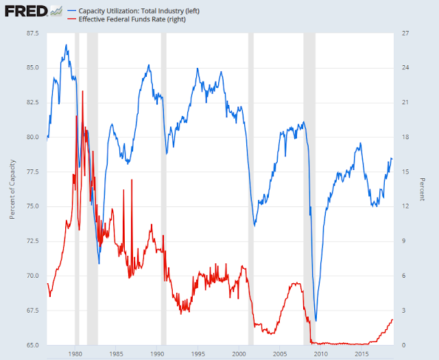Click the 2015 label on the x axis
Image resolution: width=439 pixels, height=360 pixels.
point(361,354)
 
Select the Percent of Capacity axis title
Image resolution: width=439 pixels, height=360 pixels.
point(12,189)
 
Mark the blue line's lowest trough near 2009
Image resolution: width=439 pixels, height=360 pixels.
point(316,320)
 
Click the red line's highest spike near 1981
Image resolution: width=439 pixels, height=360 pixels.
point(82,91)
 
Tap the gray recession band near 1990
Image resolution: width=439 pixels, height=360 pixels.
point(163,189)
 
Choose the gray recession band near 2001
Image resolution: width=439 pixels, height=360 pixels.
point(251,189)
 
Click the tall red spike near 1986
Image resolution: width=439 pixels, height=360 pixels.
point(123,189)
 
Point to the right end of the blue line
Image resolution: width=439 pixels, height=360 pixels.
point(392,158)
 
